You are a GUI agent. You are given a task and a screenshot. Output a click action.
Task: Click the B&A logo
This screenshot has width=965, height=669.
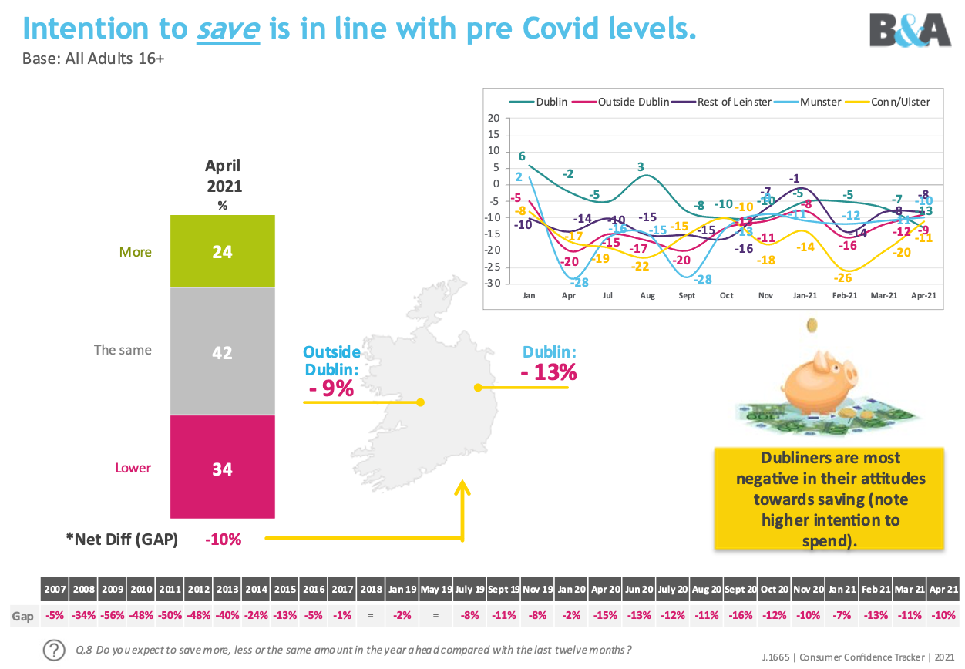[x=910, y=31]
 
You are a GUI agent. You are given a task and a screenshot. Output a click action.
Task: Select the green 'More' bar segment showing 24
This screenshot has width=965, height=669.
[x=222, y=251]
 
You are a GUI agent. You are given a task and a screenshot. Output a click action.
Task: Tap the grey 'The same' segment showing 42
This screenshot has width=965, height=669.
[x=222, y=351]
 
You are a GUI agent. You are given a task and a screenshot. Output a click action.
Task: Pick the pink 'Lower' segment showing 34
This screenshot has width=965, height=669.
[x=222, y=468]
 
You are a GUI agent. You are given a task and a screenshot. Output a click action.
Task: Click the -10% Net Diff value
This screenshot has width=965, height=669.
[x=223, y=540]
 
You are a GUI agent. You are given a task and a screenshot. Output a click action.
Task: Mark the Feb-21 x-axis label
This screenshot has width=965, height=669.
[x=844, y=296]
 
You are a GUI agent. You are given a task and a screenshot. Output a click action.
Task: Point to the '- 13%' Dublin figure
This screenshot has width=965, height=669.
[x=549, y=372]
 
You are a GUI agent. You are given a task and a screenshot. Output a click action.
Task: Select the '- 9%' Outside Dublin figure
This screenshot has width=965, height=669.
[x=331, y=388]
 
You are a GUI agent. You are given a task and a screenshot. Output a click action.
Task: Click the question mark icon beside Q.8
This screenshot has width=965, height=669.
[x=54, y=649]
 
